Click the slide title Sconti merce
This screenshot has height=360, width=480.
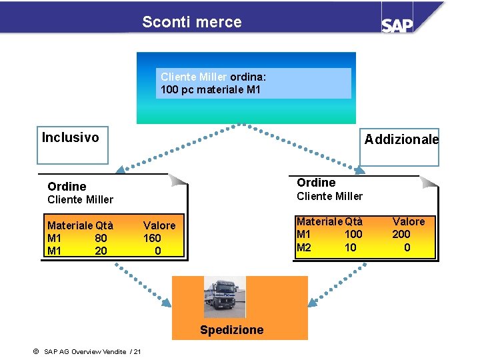click(x=192, y=22)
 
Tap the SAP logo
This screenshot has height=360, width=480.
click(x=397, y=25)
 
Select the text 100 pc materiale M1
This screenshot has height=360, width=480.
click(x=211, y=90)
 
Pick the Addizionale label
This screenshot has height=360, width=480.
click(x=401, y=139)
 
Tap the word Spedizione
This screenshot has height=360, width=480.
click(x=232, y=330)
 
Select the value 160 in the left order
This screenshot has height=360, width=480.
click(x=152, y=238)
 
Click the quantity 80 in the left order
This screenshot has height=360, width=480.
click(x=101, y=238)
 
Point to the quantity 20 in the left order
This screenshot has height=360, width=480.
click(x=101, y=251)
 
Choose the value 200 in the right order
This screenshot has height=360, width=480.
click(x=401, y=234)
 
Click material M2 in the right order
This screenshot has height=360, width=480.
click(x=304, y=247)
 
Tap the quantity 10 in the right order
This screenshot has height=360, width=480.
click(x=351, y=247)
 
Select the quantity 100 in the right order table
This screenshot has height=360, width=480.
click(x=353, y=234)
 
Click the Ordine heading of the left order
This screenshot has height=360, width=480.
click(x=67, y=187)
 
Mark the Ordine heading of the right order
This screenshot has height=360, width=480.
click(x=316, y=183)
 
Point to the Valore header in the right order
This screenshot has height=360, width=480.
click(x=409, y=221)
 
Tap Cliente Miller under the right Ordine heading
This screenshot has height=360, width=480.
click(x=329, y=196)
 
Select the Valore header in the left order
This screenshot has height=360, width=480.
click(x=159, y=225)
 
